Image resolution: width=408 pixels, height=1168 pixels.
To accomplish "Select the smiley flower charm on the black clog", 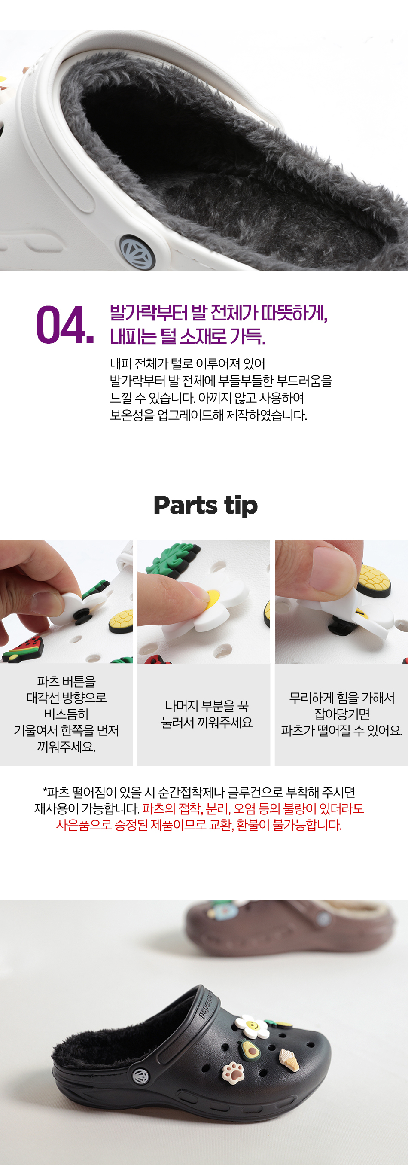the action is [x=253, y=1025].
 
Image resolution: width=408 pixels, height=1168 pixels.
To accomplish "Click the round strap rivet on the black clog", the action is [x=140, y=1076].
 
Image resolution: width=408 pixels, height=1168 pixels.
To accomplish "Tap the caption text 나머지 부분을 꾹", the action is [x=207, y=705].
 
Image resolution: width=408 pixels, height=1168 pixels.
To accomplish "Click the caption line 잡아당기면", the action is [x=342, y=714].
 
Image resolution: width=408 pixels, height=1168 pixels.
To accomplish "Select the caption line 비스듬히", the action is [x=66, y=714].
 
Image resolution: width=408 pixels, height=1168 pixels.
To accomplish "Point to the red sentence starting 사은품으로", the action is [x=199, y=825].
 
